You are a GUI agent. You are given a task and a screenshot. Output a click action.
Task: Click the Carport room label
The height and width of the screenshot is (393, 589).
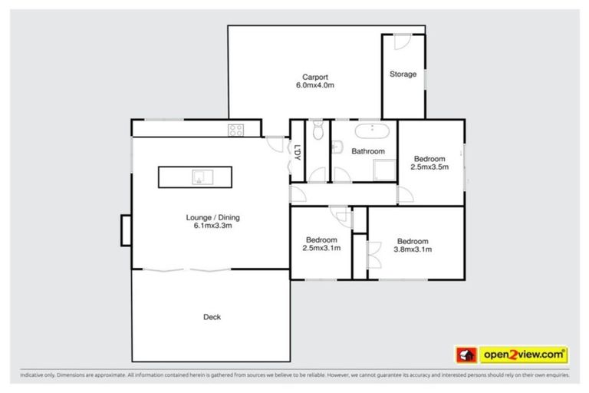pos(314,77)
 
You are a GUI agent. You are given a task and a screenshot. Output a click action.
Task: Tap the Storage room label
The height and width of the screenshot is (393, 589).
pos(403,74)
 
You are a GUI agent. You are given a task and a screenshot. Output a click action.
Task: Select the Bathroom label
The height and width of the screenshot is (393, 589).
pos(368,151)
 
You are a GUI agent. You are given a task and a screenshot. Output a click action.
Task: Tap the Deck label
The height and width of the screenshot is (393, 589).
pos(212,317)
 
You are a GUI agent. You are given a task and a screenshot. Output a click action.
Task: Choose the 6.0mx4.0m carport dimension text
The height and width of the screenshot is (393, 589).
pos(314,86)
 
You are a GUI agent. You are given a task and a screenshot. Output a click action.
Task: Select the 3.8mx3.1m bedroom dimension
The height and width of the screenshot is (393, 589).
pos(413,249)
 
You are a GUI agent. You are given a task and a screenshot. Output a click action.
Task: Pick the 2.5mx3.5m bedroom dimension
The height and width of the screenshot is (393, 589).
pos(429,167)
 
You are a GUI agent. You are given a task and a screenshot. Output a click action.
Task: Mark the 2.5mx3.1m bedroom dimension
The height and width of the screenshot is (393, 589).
pos(321,249)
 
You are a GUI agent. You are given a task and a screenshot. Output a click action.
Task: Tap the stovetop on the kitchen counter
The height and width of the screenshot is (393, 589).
pos(235,130)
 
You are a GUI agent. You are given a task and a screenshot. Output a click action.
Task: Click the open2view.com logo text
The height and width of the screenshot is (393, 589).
pos(524,355)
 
